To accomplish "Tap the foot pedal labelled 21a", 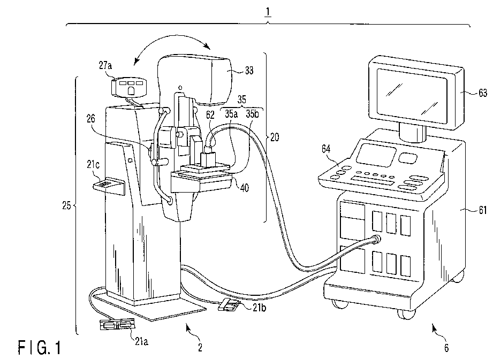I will coord(118,325).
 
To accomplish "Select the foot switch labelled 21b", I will coord(227,306).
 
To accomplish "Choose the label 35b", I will coord(253,114).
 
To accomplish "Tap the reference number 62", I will coord(211,114).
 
